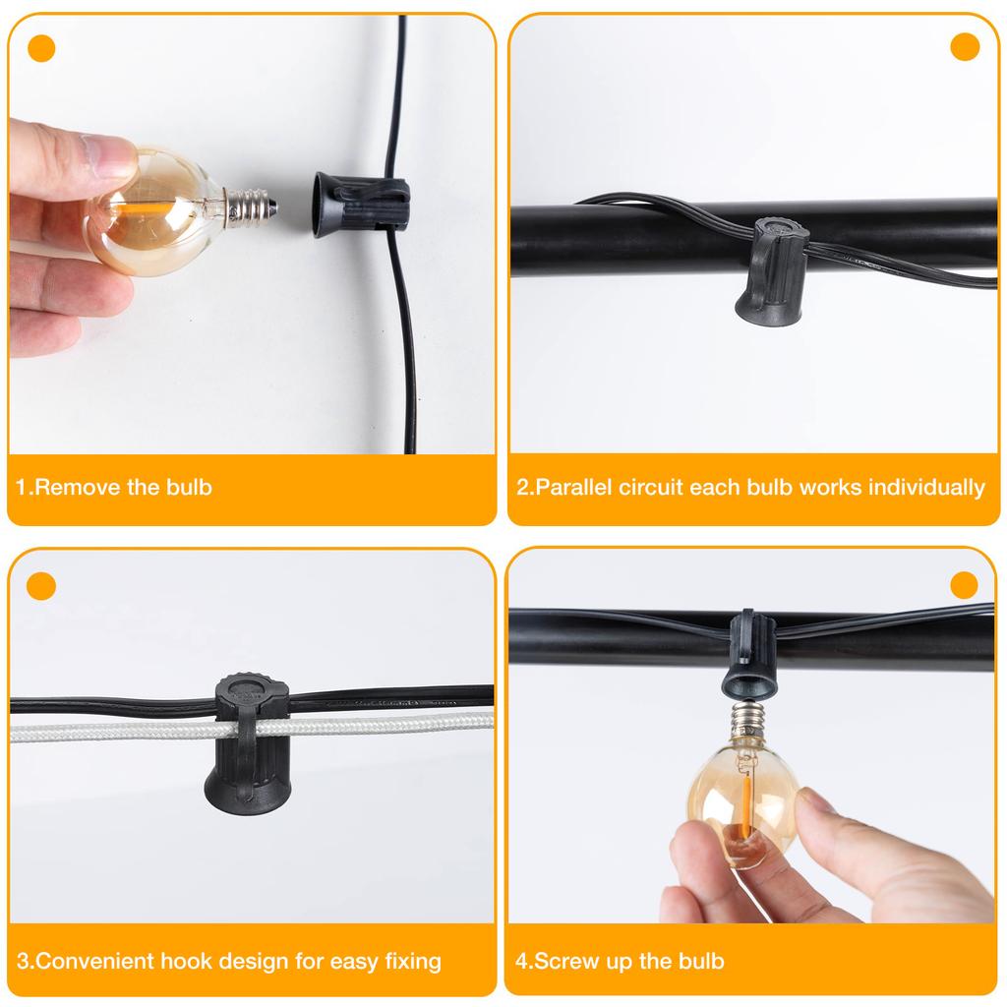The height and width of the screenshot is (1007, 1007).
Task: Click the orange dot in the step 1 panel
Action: [41, 48]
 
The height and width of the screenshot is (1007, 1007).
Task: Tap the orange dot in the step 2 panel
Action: [965, 47]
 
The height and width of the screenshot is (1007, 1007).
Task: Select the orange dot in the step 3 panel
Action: [41, 587]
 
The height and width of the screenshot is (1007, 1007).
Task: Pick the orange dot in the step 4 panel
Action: [965, 585]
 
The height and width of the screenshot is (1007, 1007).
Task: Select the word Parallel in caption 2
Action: [573, 488]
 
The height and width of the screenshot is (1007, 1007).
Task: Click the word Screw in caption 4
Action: [562, 961]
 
